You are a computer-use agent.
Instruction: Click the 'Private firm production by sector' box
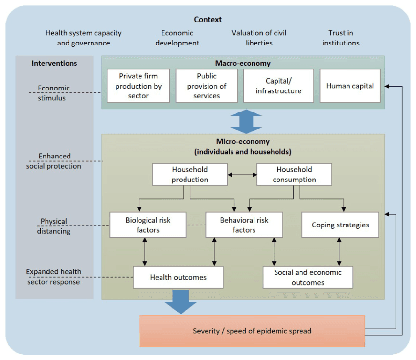pos(138,86)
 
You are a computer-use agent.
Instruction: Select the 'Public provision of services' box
pos(207,86)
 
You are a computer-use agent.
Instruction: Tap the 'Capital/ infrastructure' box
pos(278,86)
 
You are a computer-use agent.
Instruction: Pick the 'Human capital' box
pos(350,86)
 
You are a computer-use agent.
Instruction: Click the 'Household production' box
pos(190,175)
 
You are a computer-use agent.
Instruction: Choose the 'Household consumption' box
pos(294,175)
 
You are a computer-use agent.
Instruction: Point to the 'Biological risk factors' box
pos(148,225)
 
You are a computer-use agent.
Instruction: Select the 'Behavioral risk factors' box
pos(244,225)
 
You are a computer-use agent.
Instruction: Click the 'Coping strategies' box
pos(341,225)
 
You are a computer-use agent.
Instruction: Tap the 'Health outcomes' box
pos(178,277)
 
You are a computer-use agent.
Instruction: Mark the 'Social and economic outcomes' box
pos(308,277)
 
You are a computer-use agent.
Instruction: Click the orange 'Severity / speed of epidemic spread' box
pos(253,331)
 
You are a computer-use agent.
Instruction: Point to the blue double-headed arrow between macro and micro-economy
pos(246,122)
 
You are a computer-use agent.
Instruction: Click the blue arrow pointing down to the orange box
pos(181,302)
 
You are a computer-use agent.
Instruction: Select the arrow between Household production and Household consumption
pos(242,175)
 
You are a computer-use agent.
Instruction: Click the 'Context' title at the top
pos(208,20)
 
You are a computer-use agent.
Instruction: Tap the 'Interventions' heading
pos(54,63)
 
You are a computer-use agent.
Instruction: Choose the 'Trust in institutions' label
pos(341,38)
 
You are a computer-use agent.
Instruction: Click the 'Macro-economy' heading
pos(243,63)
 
